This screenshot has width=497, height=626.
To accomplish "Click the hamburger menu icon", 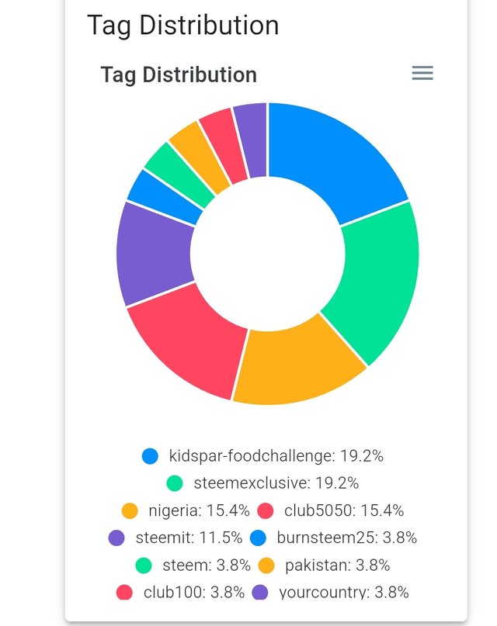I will pos(422,73).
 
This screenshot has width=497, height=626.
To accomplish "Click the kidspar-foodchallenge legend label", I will pos(276,456).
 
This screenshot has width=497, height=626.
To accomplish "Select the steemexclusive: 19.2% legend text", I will pos(276,483).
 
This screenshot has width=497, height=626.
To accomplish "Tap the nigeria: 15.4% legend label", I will pos(199,510).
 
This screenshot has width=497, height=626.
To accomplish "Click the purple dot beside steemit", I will pos(116,538).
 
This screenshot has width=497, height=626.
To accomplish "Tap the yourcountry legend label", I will pos(343,593).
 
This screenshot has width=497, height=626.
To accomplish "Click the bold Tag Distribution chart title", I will pos(179,75).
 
